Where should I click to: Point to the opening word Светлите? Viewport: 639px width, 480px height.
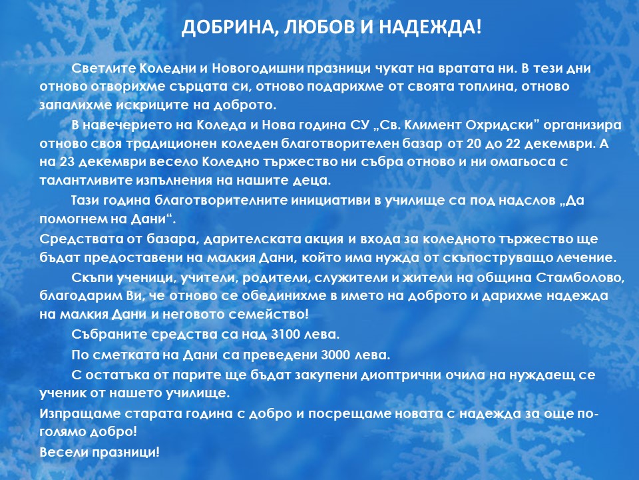tap(104, 68)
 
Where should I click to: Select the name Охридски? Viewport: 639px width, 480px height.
tap(503, 125)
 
